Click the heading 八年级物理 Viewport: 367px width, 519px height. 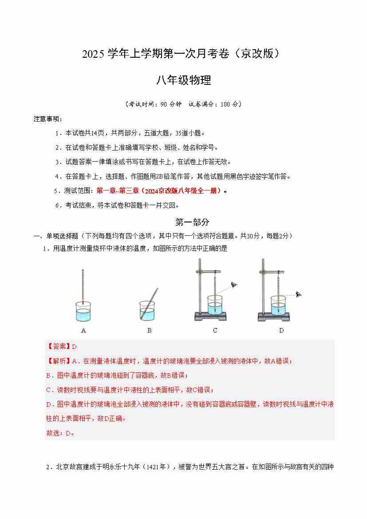click(x=184, y=80)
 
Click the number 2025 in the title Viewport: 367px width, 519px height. click(x=93, y=54)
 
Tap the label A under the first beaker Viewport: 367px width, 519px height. click(x=83, y=330)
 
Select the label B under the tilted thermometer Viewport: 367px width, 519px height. click(x=150, y=330)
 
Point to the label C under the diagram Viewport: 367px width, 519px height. click(x=215, y=330)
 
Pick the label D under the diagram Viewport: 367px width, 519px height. click(x=281, y=330)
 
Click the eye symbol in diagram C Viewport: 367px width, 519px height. click(x=234, y=284)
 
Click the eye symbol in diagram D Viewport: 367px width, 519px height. click(x=299, y=294)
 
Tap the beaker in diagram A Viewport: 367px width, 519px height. click(x=83, y=311)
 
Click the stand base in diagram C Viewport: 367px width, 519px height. click(x=210, y=317)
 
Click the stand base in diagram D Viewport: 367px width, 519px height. click(x=274, y=317)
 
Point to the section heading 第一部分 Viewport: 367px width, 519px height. click(x=192, y=222)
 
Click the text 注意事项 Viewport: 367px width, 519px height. click(x=47, y=119)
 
